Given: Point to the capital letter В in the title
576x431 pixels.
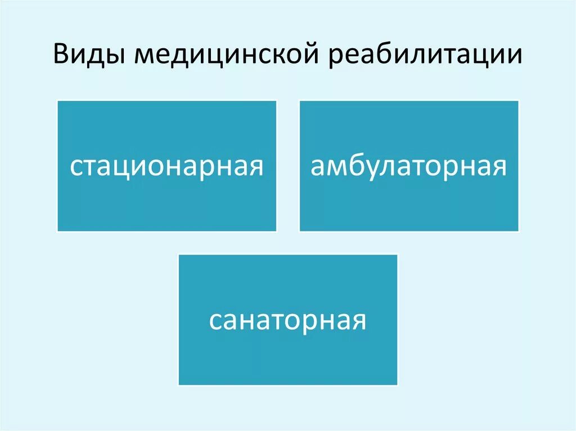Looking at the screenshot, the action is [61, 55].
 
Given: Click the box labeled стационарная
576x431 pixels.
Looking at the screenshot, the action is [166, 166].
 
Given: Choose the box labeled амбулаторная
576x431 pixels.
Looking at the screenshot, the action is [408, 166].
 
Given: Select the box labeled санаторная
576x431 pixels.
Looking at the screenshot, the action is [287, 319].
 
